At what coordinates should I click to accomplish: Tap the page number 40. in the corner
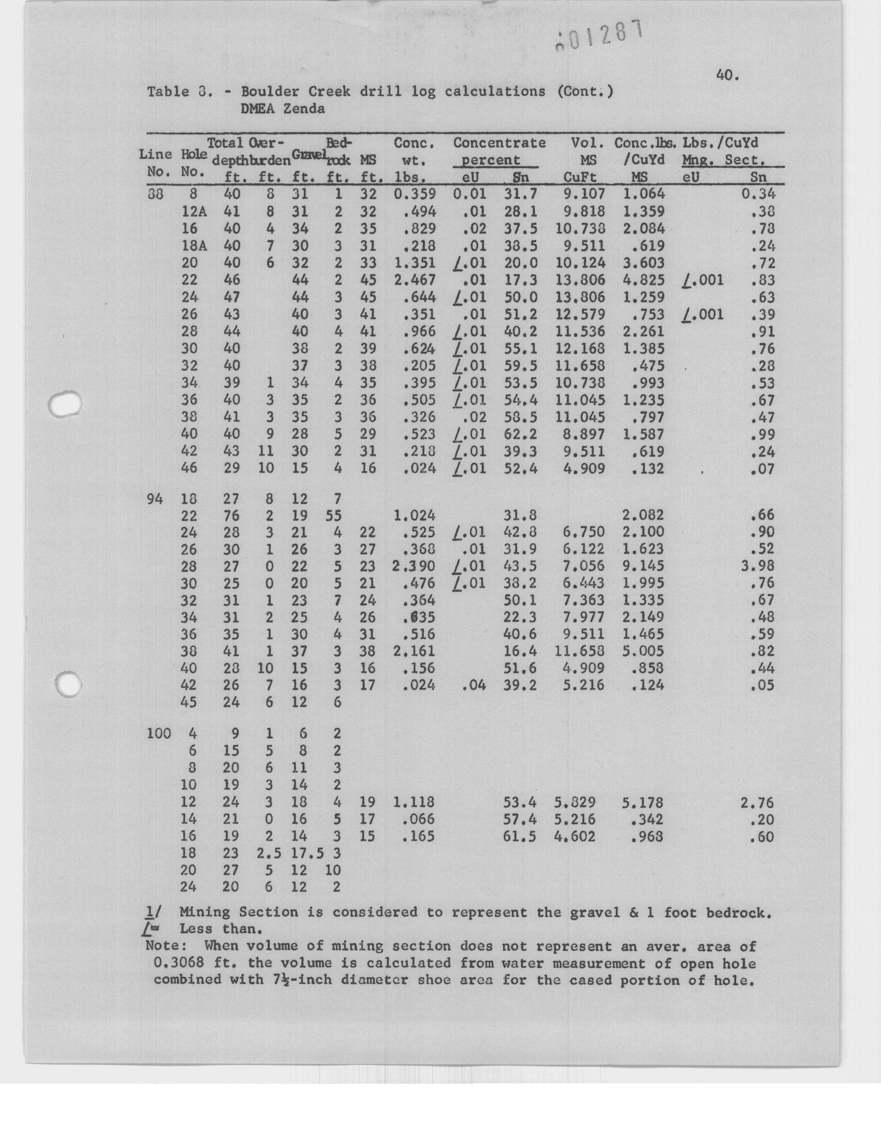click(x=728, y=75)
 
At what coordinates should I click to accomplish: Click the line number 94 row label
click(x=155, y=499)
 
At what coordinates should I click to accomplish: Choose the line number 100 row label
click(x=159, y=733)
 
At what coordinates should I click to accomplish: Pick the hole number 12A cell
click(x=194, y=212)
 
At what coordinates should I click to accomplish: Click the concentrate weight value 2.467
click(x=414, y=280)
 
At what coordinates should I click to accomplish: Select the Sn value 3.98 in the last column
click(x=757, y=566)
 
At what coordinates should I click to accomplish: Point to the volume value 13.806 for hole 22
click(x=576, y=280)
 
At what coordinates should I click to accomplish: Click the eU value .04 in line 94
click(x=474, y=685)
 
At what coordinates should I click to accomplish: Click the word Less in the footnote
click(x=195, y=929)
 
